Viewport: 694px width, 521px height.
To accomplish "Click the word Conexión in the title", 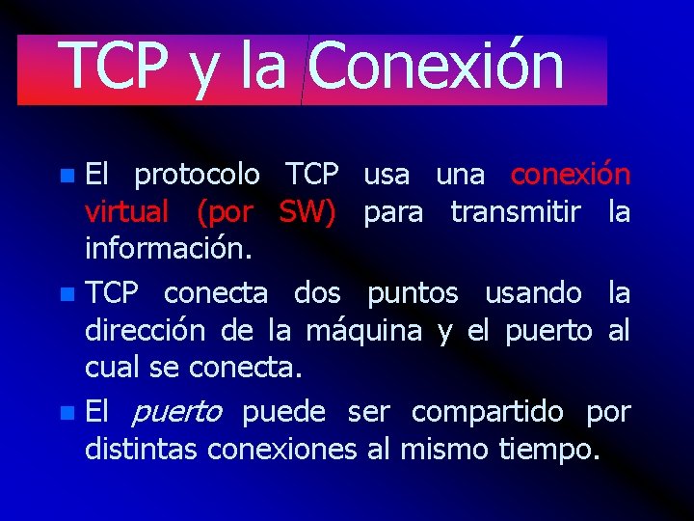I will (437, 67).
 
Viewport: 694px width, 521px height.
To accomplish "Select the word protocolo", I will (197, 175).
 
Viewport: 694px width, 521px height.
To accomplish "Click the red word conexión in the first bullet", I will (571, 175).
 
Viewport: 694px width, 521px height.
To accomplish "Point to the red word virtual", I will (127, 211).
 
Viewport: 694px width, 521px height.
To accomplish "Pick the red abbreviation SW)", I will (307, 211).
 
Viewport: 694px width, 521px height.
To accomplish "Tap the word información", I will (169, 250).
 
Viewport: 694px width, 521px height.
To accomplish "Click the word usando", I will (533, 293).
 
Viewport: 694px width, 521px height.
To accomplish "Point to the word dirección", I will (146, 331).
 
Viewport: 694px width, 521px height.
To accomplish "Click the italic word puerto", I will (176, 413).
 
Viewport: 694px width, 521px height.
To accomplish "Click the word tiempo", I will (549, 449).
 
